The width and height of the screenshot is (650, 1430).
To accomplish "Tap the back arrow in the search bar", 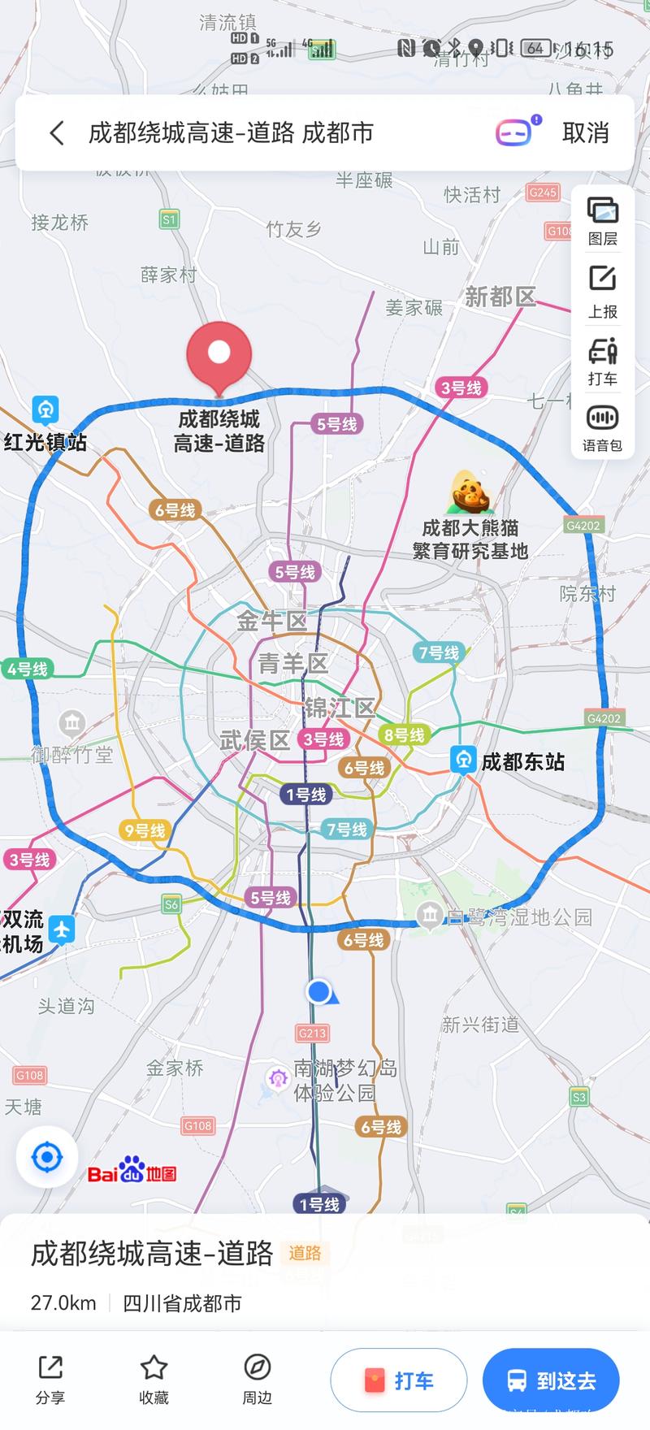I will [x=57, y=132].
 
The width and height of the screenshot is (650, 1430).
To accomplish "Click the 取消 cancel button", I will [x=585, y=132].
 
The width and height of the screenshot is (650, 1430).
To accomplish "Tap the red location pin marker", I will [x=219, y=354].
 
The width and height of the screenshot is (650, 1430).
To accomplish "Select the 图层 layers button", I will [x=602, y=220].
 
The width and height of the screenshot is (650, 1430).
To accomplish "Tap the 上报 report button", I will [x=602, y=290].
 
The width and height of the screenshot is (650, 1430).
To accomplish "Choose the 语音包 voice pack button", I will [x=602, y=427].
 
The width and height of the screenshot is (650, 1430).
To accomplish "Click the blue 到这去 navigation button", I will [x=551, y=1380].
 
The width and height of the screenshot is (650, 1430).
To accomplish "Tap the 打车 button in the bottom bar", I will [x=399, y=1380].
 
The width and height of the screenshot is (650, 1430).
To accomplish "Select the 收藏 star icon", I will [x=154, y=1378].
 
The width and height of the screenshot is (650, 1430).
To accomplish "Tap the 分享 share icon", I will [x=50, y=1378].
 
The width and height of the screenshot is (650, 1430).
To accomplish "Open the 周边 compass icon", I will [x=257, y=1378].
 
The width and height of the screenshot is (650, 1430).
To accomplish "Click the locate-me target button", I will [x=47, y=1157].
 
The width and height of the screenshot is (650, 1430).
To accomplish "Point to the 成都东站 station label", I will [x=522, y=761].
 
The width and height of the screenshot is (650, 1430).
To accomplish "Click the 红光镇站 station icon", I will [x=45, y=409].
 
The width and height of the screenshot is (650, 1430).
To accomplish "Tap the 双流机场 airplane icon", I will [x=62, y=929].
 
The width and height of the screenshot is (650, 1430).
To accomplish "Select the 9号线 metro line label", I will [x=144, y=830].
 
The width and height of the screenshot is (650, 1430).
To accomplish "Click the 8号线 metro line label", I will [x=404, y=734].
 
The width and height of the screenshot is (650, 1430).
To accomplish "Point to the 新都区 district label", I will [x=500, y=297].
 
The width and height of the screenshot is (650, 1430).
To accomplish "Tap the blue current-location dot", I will [x=319, y=991].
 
